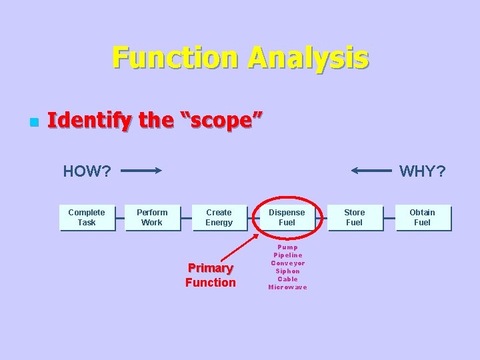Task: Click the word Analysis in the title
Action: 308,58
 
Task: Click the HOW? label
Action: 87,171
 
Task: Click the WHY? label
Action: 422,171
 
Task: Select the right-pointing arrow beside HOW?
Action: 141,171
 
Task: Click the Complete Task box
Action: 87,217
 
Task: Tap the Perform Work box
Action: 152,217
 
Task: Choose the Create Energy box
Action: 219,217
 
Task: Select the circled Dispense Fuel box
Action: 287,217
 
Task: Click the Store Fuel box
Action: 355,217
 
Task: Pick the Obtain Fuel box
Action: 422,217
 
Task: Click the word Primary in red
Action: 211,268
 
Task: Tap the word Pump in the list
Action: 287,247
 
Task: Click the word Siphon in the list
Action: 287,271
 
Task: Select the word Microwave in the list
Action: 287,287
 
